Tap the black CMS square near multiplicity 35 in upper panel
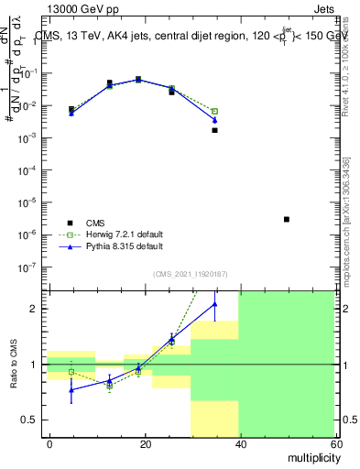[214, 130]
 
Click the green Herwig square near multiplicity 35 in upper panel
[214, 111]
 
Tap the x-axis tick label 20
[144, 443]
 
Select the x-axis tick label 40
[239, 443]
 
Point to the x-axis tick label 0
[49, 443]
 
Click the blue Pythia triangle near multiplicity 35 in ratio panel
[214, 304]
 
